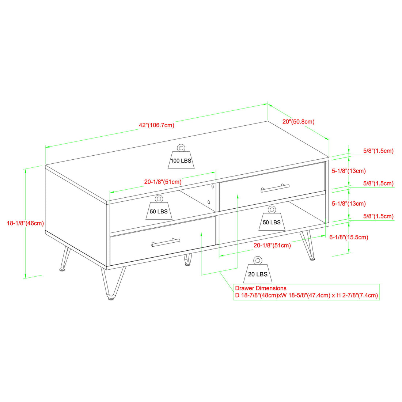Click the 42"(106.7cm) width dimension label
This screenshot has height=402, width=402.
(x=156, y=125)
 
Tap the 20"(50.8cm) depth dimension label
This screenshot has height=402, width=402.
(x=298, y=121)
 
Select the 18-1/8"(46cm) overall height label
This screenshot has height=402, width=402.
(x=25, y=223)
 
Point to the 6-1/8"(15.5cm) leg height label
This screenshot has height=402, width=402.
(x=349, y=237)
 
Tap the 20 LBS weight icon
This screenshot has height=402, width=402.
(x=258, y=273)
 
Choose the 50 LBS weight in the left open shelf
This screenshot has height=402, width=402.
(x=159, y=210)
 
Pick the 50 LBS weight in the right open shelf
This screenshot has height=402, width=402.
(x=272, y=220)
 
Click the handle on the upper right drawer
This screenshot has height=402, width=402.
(x=275, y=188)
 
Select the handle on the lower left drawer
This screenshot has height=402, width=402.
(x=166, y=242)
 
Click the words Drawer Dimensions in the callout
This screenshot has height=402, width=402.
(x=261, y=288)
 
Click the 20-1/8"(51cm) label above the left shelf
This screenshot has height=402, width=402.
(x=163, y=182)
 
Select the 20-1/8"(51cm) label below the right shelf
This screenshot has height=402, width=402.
(x=272, y=245)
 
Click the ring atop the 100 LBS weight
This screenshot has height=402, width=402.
(x=181, y=148)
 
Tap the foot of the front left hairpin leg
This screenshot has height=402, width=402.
(x=111, y=298)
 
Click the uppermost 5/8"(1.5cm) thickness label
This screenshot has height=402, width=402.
(x=378, y=151)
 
